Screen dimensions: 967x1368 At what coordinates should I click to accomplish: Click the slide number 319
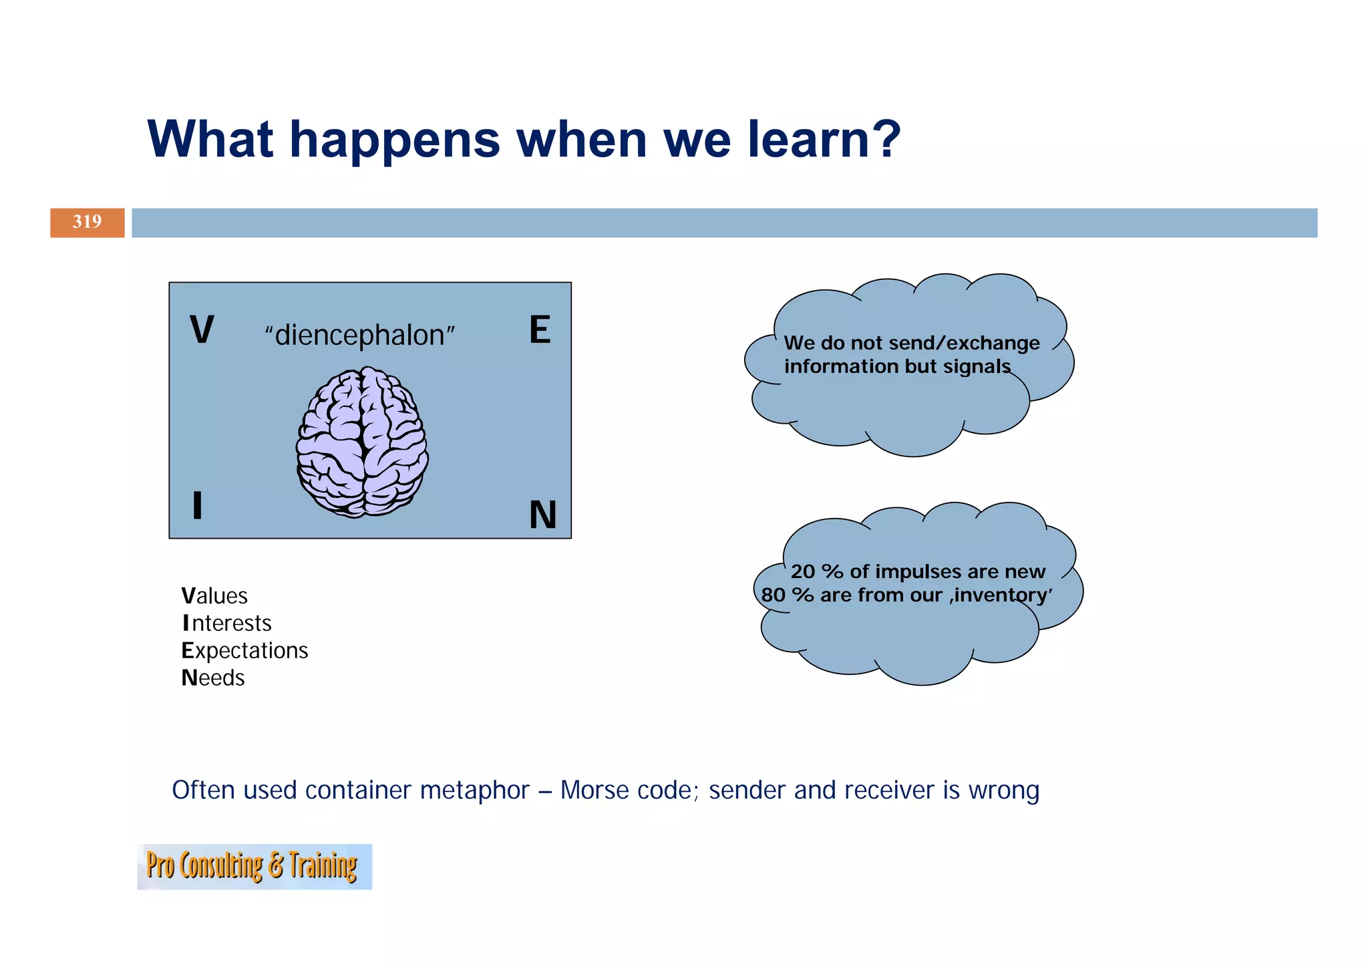(x=87, y=222)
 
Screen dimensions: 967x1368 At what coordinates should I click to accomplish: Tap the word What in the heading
(x=210, y=140)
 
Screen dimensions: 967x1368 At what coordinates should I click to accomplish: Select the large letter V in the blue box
(x=202, y=330)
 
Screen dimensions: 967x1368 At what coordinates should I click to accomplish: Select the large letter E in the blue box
(x=540, y=330)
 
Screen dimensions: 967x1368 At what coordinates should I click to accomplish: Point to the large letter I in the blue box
(x=197, y=505)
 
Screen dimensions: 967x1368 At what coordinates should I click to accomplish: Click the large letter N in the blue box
(x=542, y=515)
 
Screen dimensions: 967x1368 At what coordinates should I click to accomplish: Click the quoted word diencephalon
(x=359, y=335)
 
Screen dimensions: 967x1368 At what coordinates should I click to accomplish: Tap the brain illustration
(x=362, y=442)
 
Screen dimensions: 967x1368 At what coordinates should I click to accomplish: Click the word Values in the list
(x=214, y=596)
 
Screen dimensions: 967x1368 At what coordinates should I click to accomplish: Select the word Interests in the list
(x=226, y=624)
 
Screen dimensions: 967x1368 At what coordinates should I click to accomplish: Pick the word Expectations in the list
(x=244, y=651)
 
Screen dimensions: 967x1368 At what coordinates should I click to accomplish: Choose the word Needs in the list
(x=213, y=678)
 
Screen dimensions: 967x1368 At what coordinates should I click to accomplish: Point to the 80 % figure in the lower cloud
(x=787, y=595)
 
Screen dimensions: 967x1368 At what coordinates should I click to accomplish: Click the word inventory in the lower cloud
(x=1002, y=595)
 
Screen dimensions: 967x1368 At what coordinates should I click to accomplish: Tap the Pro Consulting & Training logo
(x=254, y=867)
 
